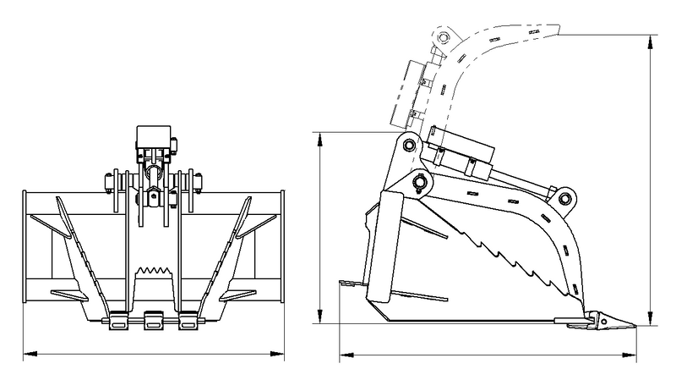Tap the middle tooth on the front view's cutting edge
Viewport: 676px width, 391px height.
pos(153,322)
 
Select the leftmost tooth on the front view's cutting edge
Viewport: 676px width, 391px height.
pos(118,322)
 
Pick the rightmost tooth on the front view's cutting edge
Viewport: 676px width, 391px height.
pos(188,322)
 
